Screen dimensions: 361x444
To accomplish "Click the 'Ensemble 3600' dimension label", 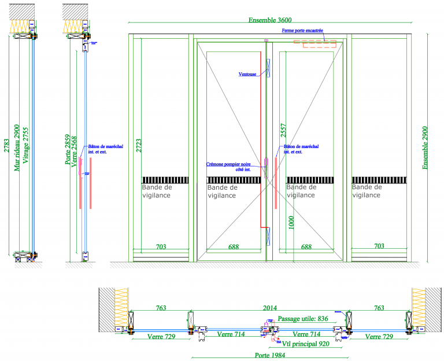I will (271, 20).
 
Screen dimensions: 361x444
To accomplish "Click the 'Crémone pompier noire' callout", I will (228, 166).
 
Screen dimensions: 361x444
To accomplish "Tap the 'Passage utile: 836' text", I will (303, 319).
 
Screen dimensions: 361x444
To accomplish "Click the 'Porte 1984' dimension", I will (272, 355).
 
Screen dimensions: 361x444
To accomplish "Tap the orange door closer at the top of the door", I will (315, 42).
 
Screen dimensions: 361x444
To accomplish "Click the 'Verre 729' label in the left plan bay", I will (161, 336).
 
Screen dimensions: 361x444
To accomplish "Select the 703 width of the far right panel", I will (379, 247).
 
